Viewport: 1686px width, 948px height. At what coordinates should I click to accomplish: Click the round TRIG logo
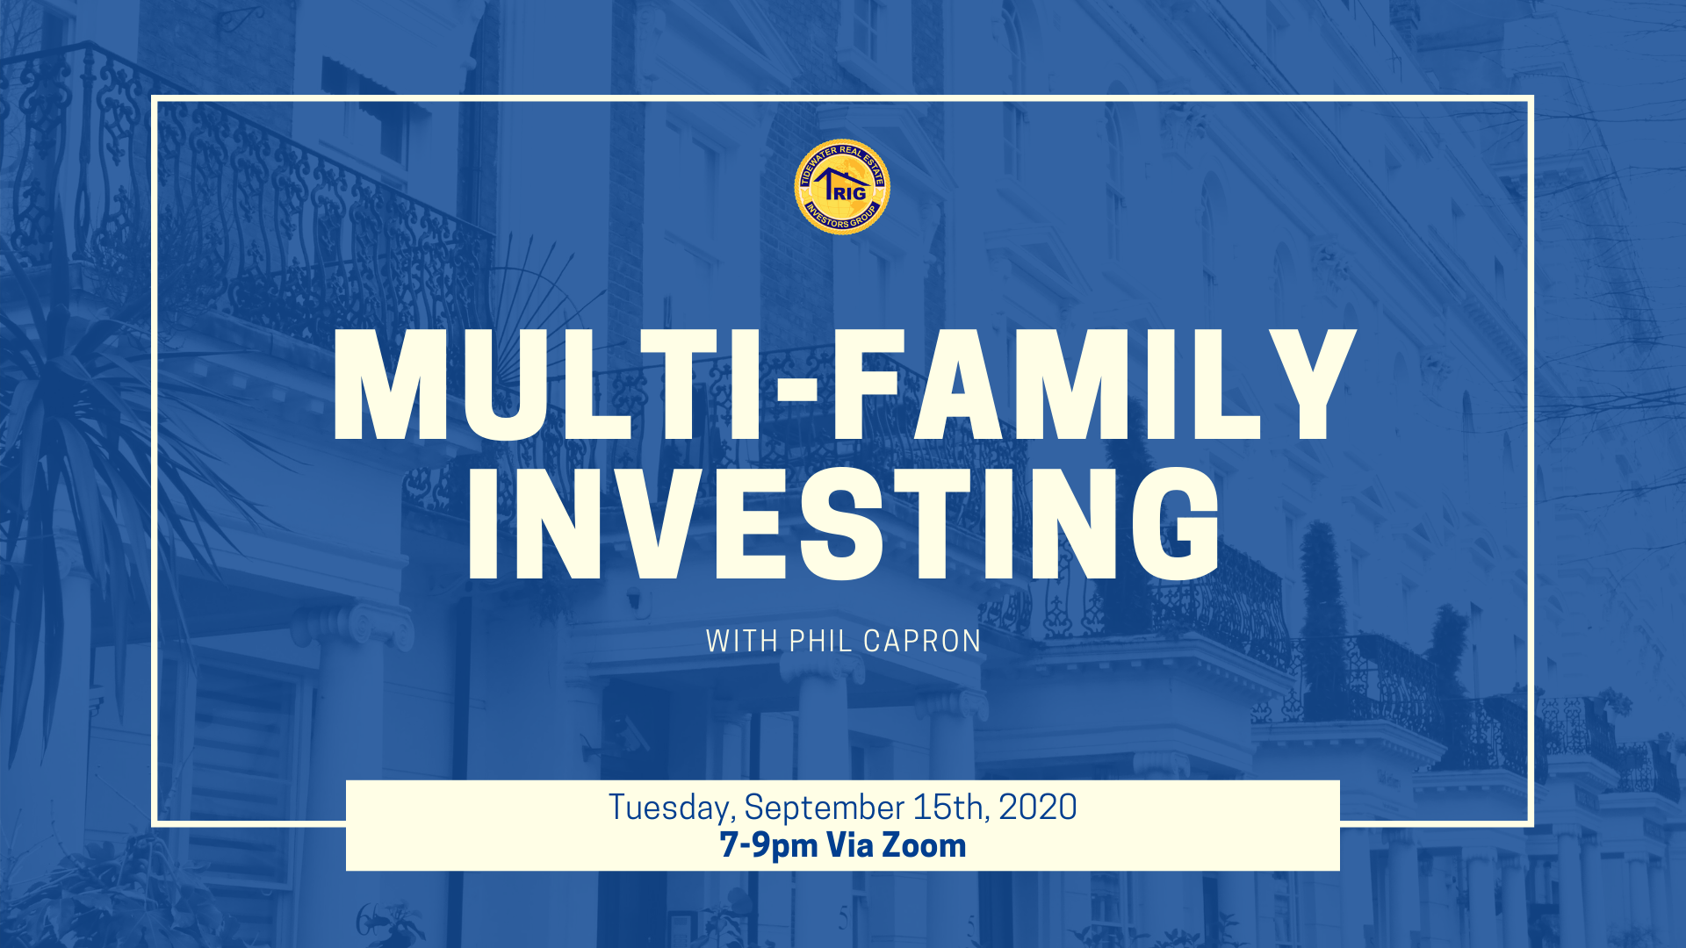[x=842, y=187]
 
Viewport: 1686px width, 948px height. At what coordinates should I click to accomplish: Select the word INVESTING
[x=844, y=524]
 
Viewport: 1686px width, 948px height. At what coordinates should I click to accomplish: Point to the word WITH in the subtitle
[x=742, y=641]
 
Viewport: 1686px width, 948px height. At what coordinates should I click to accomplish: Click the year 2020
[x=1038, y=807]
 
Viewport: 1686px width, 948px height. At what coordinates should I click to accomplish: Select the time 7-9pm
[x=768, y=846]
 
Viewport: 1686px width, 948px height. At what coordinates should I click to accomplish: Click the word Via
[x=849, y=845]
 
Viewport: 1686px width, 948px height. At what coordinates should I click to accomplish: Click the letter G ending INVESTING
[x=1176, y=524]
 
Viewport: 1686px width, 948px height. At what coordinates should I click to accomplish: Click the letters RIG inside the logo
[x=849, y=194]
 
